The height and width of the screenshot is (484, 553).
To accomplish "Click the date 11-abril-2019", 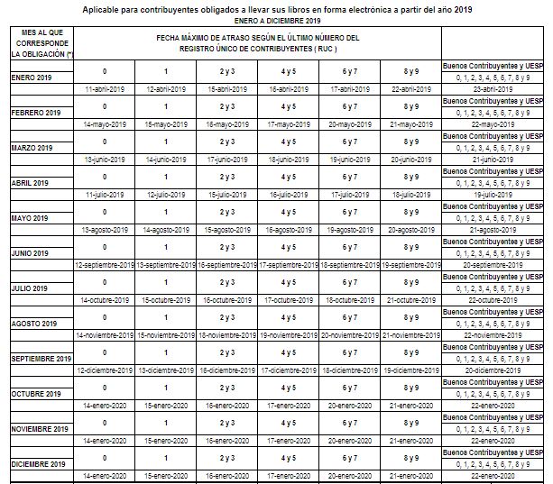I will click(103, 90).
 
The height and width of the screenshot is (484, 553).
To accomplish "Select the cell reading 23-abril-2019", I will click(493, 90).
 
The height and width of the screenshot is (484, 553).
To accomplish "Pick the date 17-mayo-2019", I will click(288, 125).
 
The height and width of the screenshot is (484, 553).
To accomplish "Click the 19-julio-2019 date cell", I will click(493, 195).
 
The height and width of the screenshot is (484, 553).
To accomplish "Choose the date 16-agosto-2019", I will click(288, 230).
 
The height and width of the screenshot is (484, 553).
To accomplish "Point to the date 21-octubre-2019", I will click(410, 300).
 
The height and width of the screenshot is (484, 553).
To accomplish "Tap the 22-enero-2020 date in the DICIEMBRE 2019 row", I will click(493, 476).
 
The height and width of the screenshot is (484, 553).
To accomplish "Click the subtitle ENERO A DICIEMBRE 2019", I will click(276, 19).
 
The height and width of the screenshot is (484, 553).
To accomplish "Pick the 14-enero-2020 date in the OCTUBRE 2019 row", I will click(103, 406).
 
